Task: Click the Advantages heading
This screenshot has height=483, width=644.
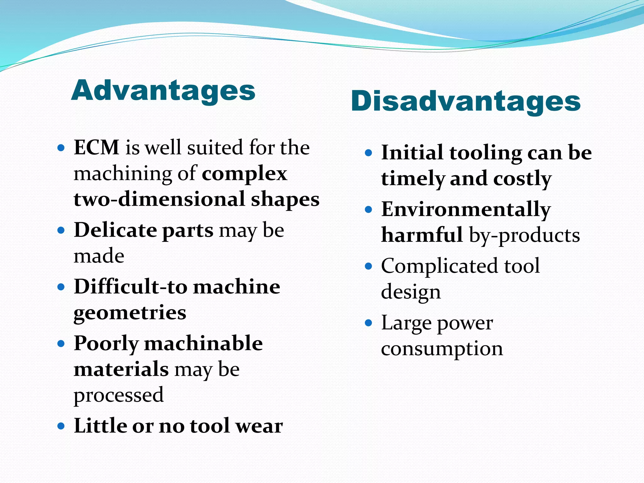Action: pos(163,91)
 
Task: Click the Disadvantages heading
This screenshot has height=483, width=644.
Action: pos(465,101)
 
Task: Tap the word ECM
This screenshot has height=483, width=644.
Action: pos(96,147)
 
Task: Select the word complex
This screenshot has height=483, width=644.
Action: pos(244,174)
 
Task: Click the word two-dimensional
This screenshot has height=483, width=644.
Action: pos(159,199)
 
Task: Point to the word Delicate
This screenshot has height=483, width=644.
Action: pos(115,230)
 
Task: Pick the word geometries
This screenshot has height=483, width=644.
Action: pos(130,313)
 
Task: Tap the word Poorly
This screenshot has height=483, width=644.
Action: pos(106,343)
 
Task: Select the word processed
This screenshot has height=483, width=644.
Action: pos(119,395)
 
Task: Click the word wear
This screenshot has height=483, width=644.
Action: pos(259,426)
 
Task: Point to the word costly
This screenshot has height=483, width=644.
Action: pos(522,179)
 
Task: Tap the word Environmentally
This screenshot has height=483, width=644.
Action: pos(466,209)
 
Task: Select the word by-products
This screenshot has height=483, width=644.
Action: pos(524,235)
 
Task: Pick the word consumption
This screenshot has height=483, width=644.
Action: pos(442,349)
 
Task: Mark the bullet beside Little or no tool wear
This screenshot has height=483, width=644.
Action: pos(61,426)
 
